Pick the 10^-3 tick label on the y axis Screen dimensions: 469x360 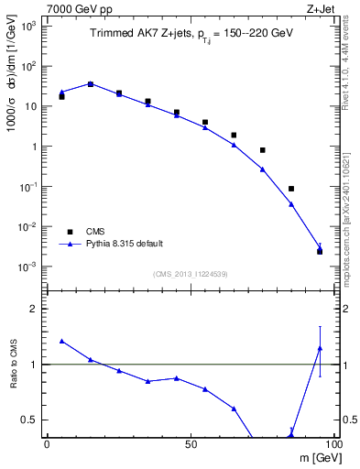click(x=30, y=267)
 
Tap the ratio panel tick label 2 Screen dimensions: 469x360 click(x=37, y=309)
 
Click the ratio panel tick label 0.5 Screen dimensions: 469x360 click(x=32, y=420)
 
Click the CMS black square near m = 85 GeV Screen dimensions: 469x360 click(x=290, y=189)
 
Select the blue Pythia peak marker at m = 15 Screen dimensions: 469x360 click(x=90, y=83)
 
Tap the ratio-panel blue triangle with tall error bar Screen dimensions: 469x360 click(x=319, y=348)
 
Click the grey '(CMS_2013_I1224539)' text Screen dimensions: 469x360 click(x=191, y=274)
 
